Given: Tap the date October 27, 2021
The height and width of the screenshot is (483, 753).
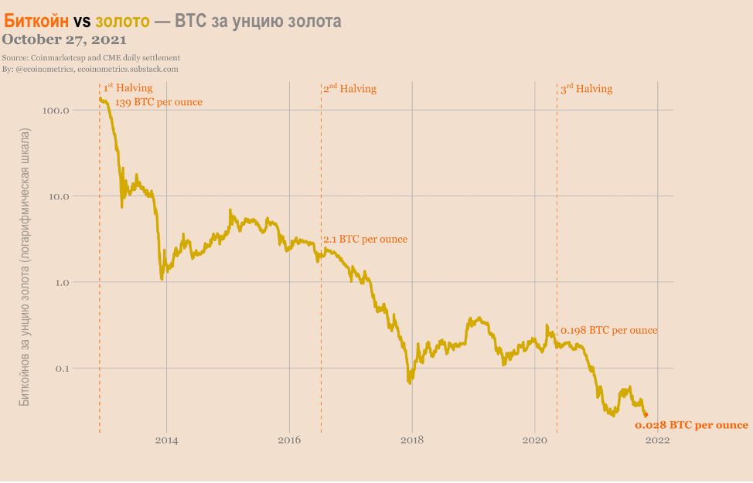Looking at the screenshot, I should tap(64, 39).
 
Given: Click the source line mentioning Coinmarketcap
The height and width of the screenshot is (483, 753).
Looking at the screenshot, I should tap(91, 58).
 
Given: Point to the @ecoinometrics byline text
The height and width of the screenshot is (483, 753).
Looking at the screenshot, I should tap(90, 69).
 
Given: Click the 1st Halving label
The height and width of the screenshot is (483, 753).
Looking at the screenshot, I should tap(128, 88).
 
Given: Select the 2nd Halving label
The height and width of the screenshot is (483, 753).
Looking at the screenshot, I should tap(349, 89).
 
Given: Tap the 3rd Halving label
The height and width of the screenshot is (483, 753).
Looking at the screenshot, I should tap(586, 89).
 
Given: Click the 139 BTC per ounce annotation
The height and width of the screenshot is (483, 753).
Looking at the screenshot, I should tap(158, 102).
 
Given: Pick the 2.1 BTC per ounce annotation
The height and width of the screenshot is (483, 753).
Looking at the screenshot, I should tap(365, 240).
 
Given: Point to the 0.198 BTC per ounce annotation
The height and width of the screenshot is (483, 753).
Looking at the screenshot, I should tap(608, 330).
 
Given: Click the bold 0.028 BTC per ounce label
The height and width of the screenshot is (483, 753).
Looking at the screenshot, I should tap(691, 425).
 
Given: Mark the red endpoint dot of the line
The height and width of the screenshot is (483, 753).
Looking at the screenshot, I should tap(646, 415).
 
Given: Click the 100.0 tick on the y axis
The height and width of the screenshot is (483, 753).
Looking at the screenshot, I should tap(56, 111).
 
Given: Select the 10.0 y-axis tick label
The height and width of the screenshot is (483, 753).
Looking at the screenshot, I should tap(59, 196).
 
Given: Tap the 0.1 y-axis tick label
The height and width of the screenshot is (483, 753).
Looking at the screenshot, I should tap(62, 368).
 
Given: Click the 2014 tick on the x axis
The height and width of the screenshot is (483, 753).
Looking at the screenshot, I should tap(166, 440).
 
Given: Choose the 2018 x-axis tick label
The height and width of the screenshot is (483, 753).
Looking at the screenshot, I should tap(412, 440).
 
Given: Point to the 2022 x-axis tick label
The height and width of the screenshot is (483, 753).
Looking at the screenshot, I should tap(658, 440).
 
